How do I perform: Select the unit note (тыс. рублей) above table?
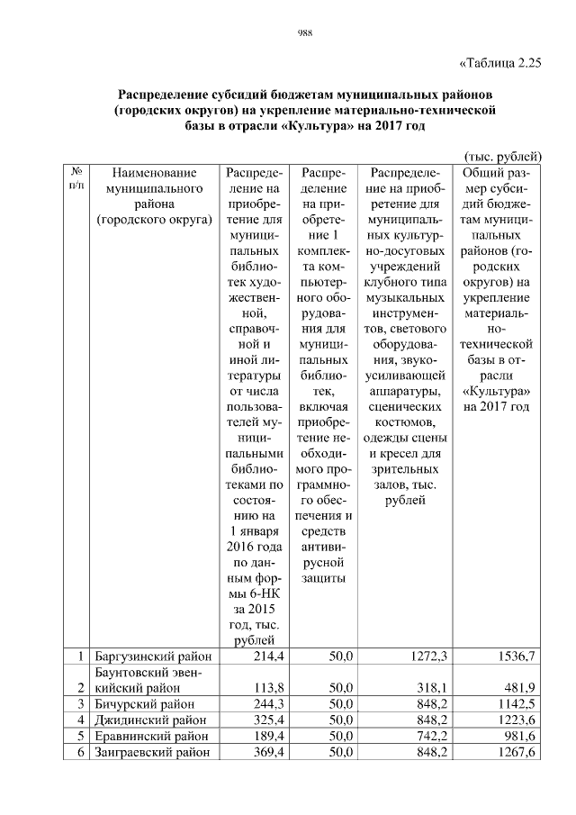click(502, 155)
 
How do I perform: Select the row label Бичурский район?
click(143, 703)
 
